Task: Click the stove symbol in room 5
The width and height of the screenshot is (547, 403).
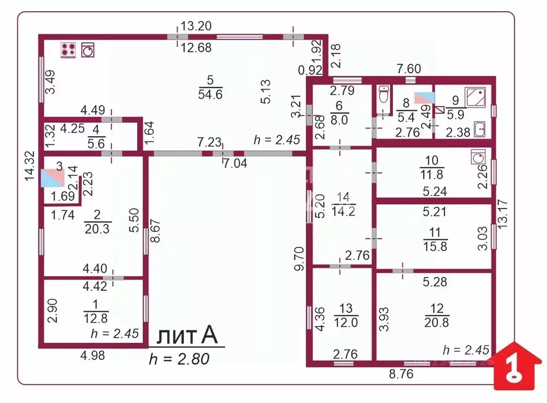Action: tap(68, 50)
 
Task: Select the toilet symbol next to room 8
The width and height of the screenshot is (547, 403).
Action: tap(382, 97)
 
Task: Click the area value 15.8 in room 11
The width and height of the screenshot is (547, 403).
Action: tap(434, 246)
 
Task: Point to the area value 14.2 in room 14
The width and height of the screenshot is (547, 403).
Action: tap(344, 210)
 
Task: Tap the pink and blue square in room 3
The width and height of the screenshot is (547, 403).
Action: tap(52, 177)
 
